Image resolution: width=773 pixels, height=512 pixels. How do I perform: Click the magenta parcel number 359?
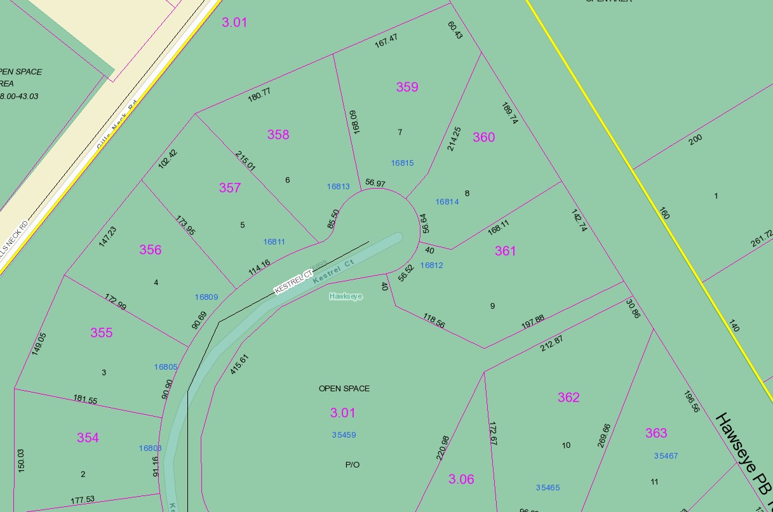tap(407, 87)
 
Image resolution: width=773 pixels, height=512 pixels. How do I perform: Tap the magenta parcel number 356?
tap(151, 250)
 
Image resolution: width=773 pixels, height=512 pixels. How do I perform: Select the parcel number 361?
tap(505, 251)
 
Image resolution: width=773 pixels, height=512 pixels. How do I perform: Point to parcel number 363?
tap(656, 433)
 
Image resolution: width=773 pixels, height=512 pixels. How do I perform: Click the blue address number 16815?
tap(402, 163)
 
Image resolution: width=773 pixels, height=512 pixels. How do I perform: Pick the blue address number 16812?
tap(431, 266)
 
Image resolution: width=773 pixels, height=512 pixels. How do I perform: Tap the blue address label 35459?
tap(344, 435)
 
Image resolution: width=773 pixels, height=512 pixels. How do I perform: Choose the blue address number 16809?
tap(206, 297)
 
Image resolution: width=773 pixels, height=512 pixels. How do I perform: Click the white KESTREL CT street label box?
tap(293, 282)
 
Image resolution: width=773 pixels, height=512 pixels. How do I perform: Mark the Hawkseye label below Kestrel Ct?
tap(346, 296)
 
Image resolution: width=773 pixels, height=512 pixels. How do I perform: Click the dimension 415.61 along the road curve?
tap(239, 364)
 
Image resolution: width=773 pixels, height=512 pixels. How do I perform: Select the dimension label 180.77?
tap(259, 95)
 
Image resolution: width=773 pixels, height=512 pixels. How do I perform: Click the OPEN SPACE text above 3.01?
tap(344, 388)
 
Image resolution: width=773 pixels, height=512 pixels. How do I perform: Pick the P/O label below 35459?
tap(353, 464)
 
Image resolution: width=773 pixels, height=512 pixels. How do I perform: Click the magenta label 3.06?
tap(461, 479)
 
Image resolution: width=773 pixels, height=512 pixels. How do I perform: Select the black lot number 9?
tap(492, 306)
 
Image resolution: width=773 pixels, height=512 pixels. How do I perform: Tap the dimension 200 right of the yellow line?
tap(696, 140)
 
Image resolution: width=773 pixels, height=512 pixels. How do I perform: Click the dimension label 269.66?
tap(604, 436)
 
